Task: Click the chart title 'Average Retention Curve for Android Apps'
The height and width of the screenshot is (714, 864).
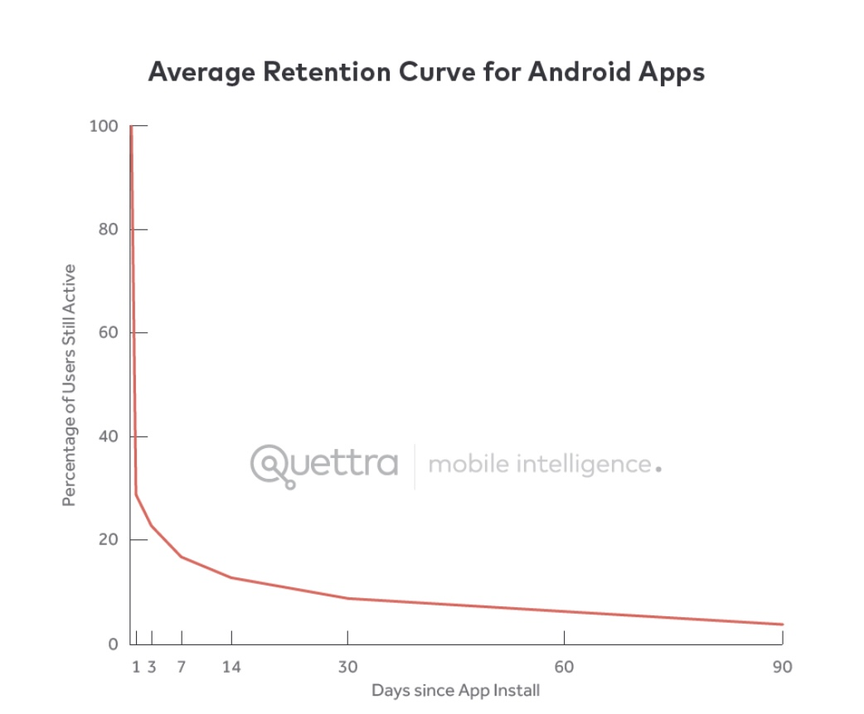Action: coord(426,72)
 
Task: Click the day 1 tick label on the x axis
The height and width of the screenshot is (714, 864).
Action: coord(136,667)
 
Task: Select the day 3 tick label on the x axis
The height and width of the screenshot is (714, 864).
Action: coord(152,667)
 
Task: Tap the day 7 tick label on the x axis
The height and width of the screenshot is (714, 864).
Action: coord(182,667)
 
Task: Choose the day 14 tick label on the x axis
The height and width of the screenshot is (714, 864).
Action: coord(231,667)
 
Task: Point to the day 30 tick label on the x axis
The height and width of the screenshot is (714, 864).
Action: coord(347,667)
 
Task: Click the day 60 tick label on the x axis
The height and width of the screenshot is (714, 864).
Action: coord(564,667)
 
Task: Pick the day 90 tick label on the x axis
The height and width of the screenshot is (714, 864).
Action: coord(782,667)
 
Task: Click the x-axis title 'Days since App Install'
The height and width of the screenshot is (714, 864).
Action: coord(455,691)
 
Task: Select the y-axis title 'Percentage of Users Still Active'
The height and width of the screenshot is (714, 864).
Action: coord(70,385)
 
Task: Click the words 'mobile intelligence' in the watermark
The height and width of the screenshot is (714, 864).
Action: coord(539,464)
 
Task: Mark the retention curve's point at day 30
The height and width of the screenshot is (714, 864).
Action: coord(347,598)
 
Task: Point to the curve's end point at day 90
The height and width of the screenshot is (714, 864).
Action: coord(782,625)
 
